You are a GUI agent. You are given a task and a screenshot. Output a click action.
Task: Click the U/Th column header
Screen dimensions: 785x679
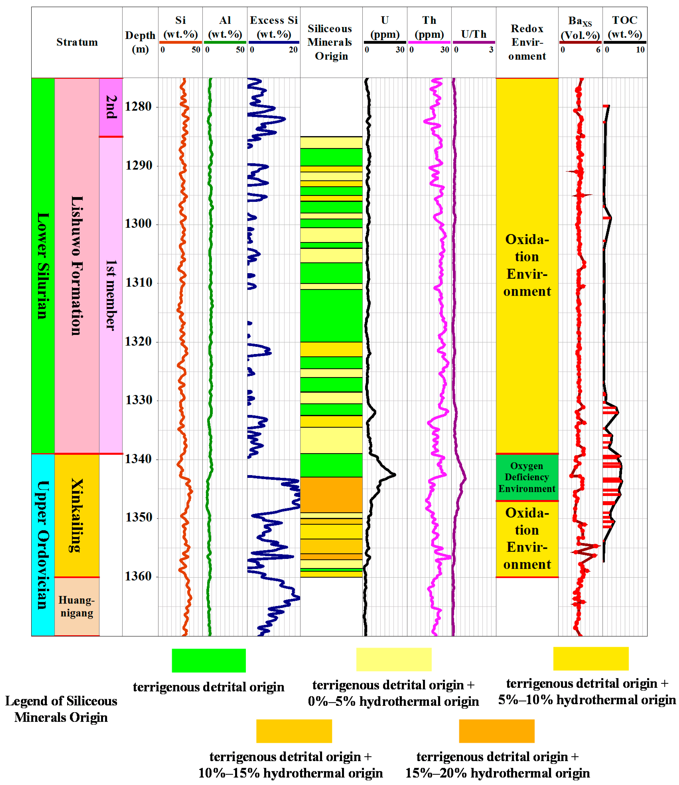(x=474, y=34)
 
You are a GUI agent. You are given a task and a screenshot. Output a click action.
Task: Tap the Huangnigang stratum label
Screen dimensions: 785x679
(x=77, y=606)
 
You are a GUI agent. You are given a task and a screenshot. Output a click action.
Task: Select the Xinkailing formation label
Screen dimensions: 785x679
(x=77, y=515)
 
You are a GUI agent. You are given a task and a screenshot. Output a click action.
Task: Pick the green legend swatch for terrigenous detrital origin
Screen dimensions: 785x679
(x=209, y=660)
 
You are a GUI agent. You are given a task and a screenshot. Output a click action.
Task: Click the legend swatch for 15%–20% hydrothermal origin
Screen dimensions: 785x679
(x=496, y=731)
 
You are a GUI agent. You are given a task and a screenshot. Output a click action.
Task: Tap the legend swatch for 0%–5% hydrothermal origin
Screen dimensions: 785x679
(x=394, y=659)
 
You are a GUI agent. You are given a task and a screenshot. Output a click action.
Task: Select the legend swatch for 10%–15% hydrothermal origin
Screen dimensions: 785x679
(x=294, y=731)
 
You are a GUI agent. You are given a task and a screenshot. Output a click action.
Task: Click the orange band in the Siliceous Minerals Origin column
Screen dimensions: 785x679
(x=331, y=494)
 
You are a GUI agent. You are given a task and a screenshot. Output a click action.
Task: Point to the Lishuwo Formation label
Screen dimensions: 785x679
(x=77, y=265)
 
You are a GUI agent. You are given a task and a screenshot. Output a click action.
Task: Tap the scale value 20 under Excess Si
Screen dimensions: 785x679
(x=293, y=50)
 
